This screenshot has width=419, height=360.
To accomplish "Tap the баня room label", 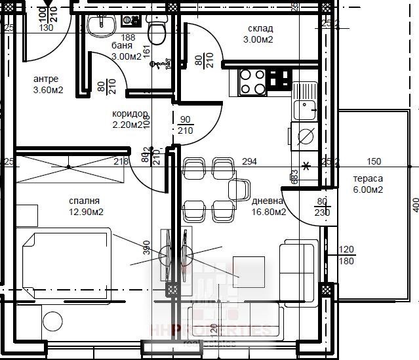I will [122, 47].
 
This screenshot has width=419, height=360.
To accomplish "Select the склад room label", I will [260, 29].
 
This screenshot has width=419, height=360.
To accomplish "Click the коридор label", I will [127, 113].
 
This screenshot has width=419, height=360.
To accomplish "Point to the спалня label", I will [83, 201].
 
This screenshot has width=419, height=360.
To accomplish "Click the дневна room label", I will [268, 201].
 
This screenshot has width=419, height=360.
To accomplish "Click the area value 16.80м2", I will [269, 212].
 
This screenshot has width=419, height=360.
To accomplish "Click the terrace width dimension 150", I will [373, 161].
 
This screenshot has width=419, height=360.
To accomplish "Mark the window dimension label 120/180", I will [346, 255].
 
